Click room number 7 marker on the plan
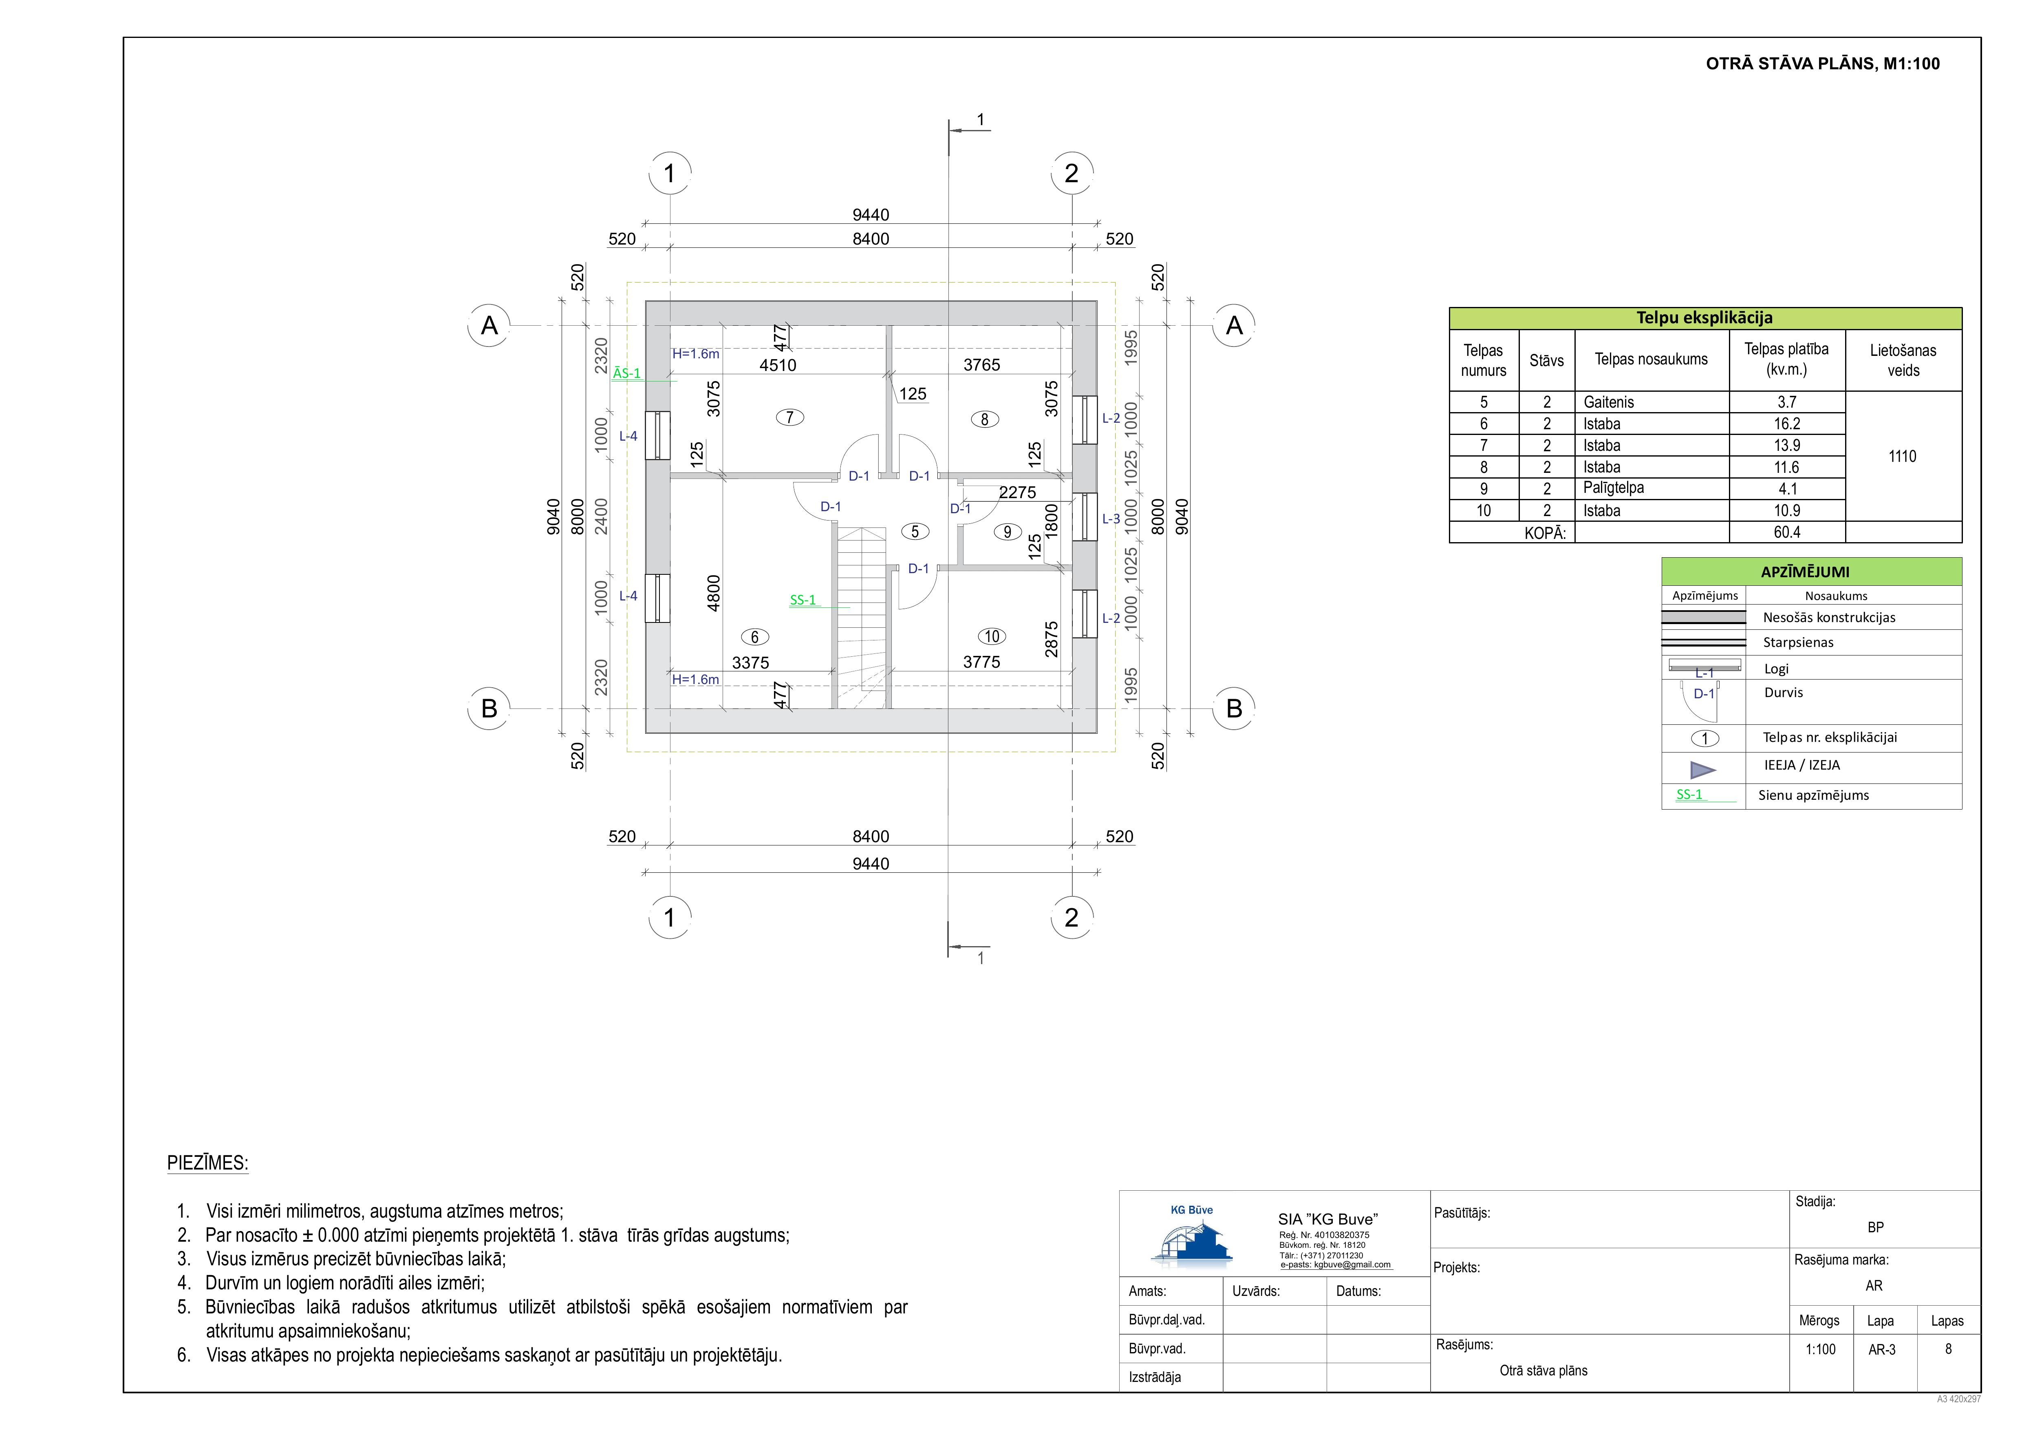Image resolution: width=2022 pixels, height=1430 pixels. pyautogui.click(x=790, y=417)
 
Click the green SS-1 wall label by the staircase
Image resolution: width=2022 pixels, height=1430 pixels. pyautogui.click(x=803, y=600)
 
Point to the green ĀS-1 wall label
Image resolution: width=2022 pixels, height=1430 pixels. pyautogui.click(x=627, y=373)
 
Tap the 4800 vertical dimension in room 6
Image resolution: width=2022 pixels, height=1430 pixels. pyautogui.click(x=714, y=593)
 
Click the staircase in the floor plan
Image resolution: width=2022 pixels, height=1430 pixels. pyautogui.click(x=860, y=618)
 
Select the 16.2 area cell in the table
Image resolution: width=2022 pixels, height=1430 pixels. pyautogui.click(x=1787, y=424)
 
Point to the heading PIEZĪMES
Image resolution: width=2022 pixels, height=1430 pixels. pyautogui.click(x=208, y=1163)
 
